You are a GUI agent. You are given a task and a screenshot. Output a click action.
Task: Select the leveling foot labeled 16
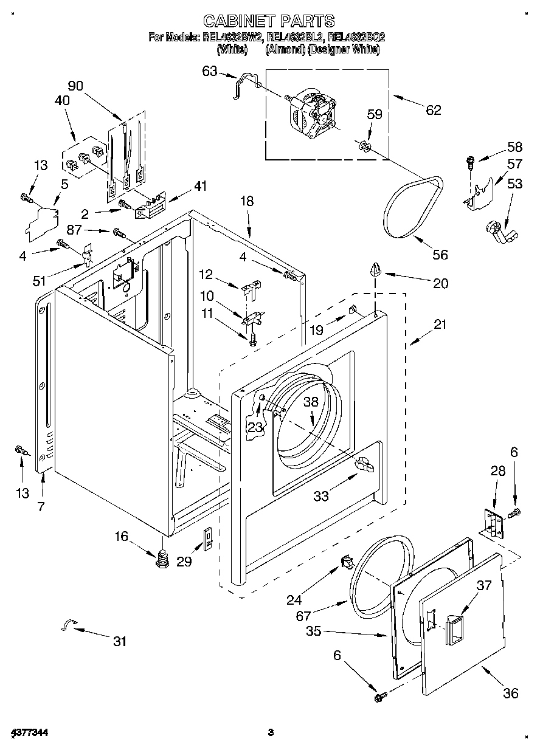point(162,559)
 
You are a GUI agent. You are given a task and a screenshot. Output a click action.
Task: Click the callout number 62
point(434,109)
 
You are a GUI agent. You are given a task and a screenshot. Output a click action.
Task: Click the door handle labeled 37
point(453,628)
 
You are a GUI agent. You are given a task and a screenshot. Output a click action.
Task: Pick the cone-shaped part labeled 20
point(376,268)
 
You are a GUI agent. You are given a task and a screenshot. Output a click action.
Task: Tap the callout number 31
point(120,641)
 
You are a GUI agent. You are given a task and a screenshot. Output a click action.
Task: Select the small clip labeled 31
point(69,625)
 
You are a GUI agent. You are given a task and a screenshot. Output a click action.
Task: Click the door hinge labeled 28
point(493,522)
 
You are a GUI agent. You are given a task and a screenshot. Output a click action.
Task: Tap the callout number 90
point(75,86)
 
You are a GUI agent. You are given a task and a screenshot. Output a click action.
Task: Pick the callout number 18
point(247,201)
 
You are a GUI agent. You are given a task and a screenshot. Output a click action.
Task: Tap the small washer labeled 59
point(364,145)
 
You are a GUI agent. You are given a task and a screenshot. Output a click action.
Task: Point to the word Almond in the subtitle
point(285,50)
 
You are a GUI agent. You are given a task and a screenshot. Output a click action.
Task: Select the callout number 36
point(511,693)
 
